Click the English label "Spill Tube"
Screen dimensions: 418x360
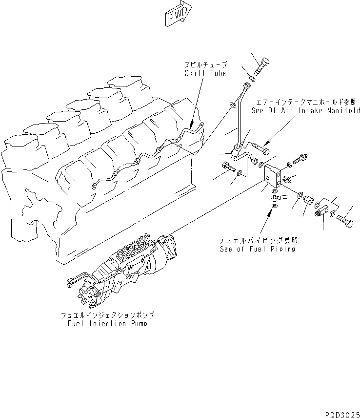(x=205, y=73)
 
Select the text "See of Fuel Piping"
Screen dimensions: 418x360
(x=257, y=249)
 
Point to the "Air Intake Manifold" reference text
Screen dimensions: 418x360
(x=306, y=111)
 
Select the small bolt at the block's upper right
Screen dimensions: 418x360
(x=300, y=158)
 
